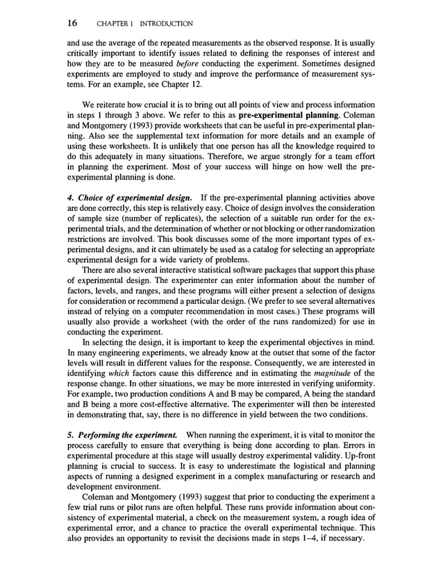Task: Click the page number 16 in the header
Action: click(72, 24)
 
